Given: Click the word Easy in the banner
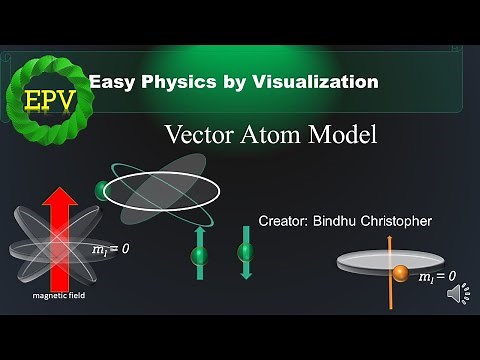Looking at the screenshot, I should [x=109, y=82].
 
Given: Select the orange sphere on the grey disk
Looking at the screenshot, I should [x=400, y=273].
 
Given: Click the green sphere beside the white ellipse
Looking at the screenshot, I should [x=102, y=190].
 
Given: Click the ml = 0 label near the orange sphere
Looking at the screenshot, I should [x=438, y=276].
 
